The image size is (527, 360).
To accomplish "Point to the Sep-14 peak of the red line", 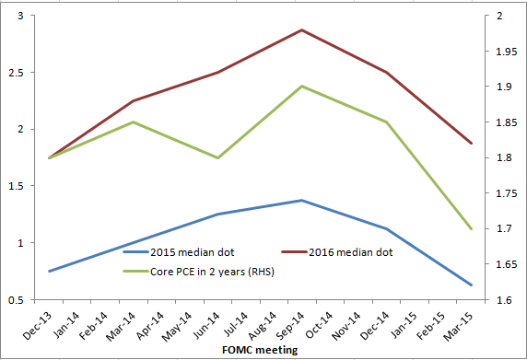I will [301, 30].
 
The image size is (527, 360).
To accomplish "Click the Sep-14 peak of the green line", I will [301, 87].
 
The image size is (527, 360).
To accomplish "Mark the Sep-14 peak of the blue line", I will [301, 200].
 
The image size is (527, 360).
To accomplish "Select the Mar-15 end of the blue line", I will [471, 285].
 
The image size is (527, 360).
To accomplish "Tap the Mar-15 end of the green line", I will [471, 228].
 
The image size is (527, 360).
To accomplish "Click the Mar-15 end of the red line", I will [471, 143].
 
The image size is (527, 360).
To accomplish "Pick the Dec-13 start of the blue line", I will [48, 271].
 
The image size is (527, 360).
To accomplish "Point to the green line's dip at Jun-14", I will [217, 157].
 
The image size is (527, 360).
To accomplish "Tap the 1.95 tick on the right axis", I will [504, 51].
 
